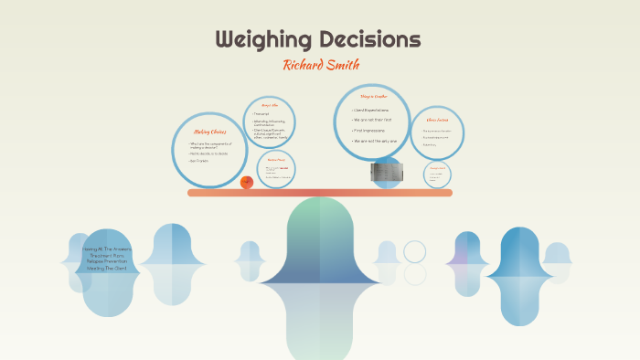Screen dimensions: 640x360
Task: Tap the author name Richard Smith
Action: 319,65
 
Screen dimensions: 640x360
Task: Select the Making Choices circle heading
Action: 210,132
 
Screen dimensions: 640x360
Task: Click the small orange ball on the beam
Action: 246,182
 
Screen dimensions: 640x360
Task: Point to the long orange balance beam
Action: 319,193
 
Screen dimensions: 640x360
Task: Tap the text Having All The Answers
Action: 107,249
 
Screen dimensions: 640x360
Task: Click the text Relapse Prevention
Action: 107,262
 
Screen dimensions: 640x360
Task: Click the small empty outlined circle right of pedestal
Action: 415,251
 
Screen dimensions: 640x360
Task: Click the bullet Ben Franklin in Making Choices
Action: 200,160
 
